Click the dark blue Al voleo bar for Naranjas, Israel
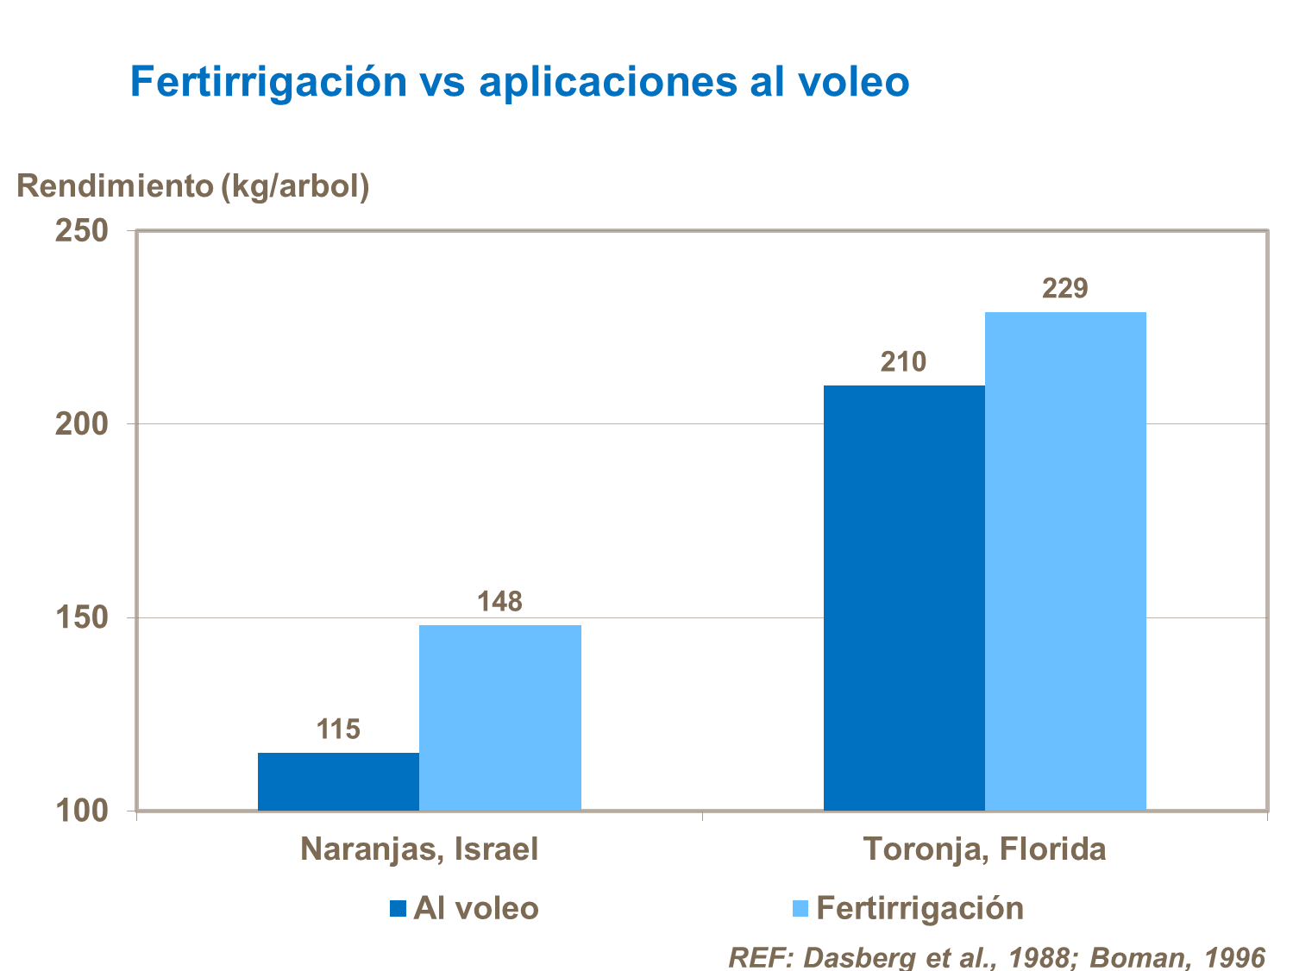[338, 781]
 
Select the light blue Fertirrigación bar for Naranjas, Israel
[499, 717]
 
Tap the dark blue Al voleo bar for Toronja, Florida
[903, 598]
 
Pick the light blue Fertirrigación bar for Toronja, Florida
[1065, 561]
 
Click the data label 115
[338, 730]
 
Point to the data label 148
[499, 601]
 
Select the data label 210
[903, 361]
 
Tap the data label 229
[1065, 288]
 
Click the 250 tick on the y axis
[82, 230]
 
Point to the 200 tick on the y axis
[82, 424]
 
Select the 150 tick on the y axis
[82, 617]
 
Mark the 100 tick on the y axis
[82, 811]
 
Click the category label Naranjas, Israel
[419, 849]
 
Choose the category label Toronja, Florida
[984, 849]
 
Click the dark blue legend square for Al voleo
[398, 908]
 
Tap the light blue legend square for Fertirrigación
[800, 908]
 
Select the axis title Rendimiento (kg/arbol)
[193, 185]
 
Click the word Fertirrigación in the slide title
[268, 82]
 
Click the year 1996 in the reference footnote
[1234, 957]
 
